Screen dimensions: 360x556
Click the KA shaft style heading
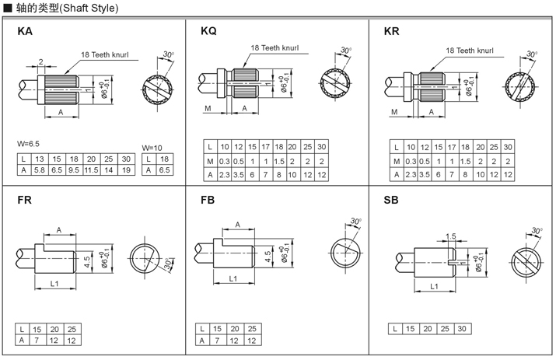pos(25,33)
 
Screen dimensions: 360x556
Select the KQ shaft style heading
pos(208,32)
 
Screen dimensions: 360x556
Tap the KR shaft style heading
pos(392,32)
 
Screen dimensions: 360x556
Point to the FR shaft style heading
pos(25,200)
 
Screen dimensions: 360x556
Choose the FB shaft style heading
pos(208,200)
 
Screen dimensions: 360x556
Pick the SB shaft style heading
pos(391,200)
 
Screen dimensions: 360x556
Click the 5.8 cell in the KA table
pos(39,170)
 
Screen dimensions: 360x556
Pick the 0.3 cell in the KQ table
pos(226,161)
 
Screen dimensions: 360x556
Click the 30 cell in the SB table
pos(463,329)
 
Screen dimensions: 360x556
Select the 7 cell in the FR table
pos(39,340)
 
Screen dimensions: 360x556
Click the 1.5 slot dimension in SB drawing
pos(450,236)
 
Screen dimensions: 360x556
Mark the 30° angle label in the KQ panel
pos(346,51)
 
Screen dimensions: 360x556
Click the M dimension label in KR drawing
pos(394,111)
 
